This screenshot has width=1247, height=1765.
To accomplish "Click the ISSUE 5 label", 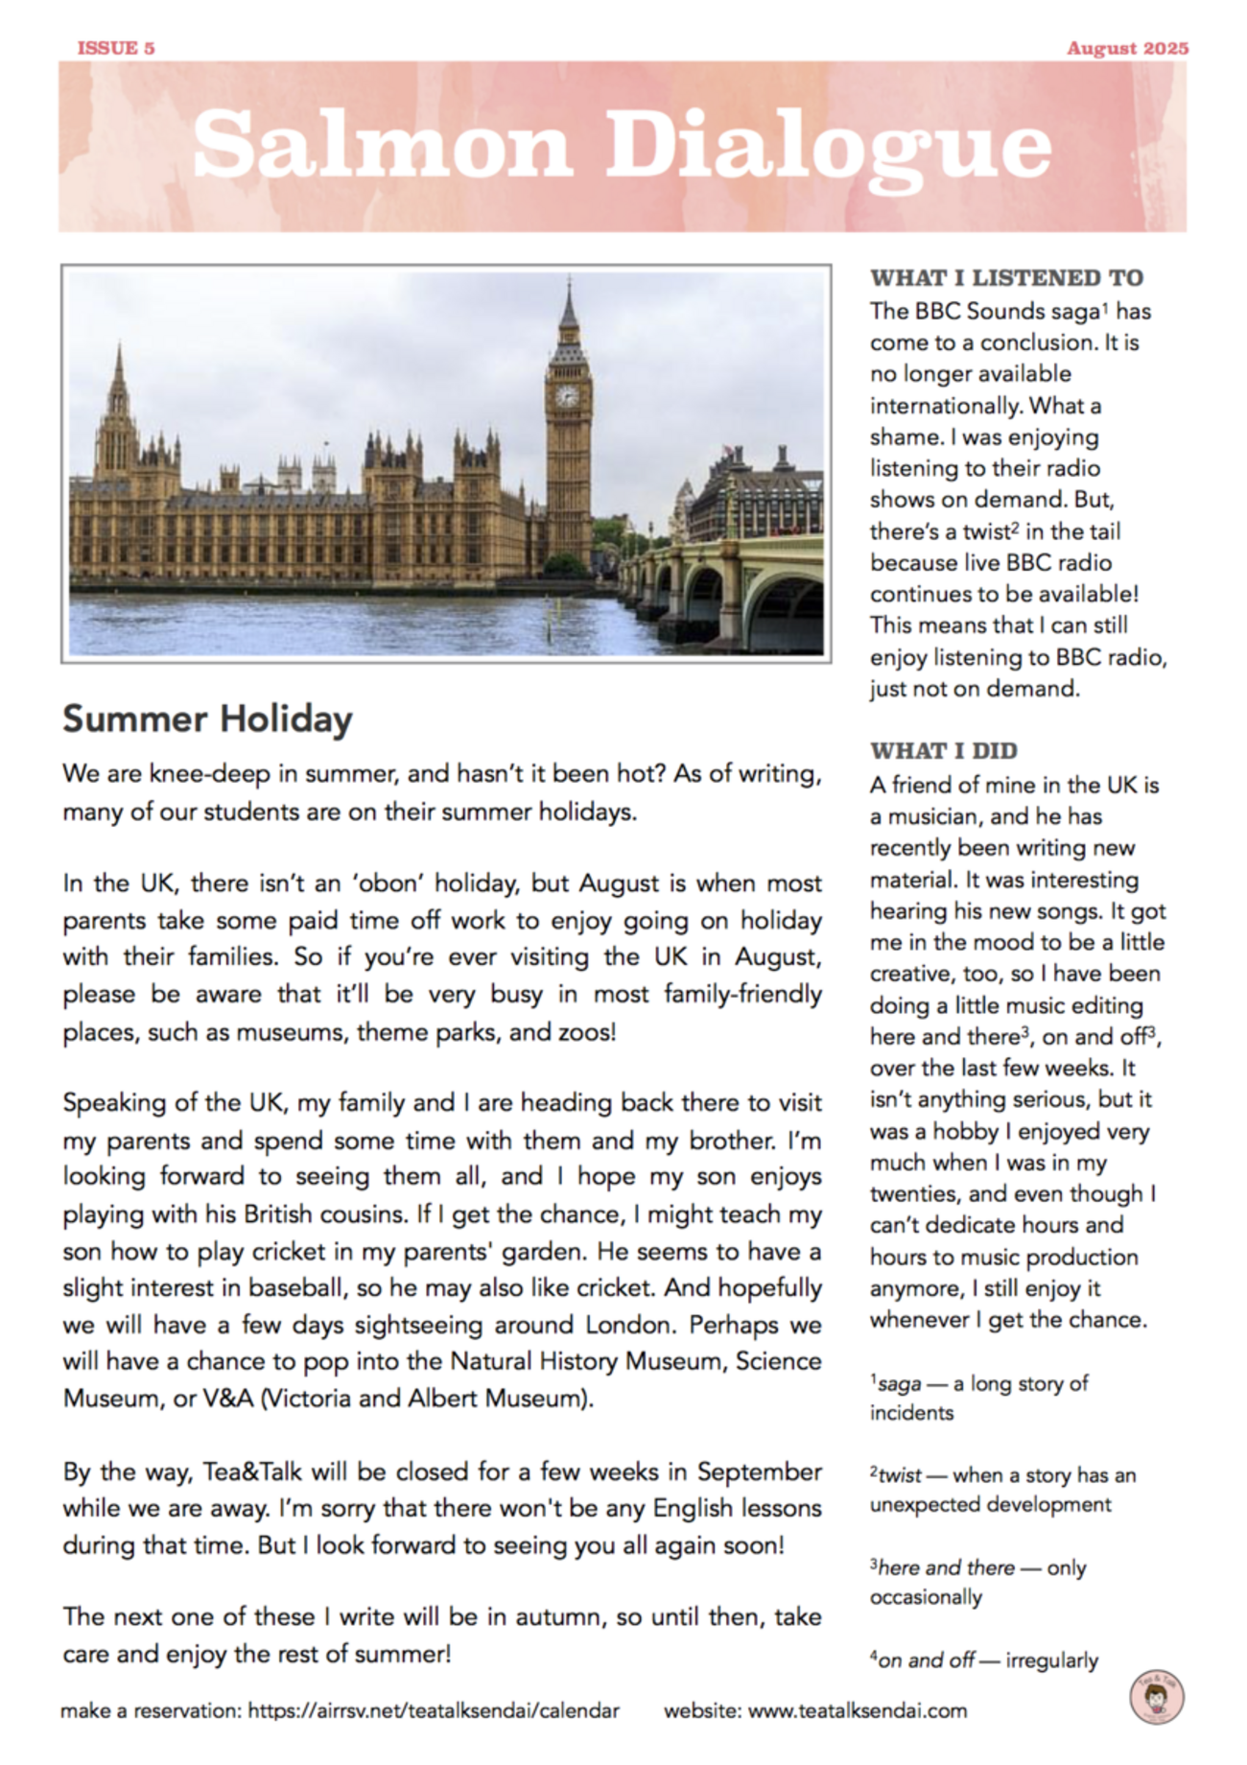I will (116, 48).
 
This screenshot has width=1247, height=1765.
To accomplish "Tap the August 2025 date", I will (1127, 48).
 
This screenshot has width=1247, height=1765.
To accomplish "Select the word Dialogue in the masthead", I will (829, 146).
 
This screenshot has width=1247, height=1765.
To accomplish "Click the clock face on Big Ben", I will (568, 395).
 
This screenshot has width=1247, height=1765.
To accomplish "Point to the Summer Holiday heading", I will (207, 719).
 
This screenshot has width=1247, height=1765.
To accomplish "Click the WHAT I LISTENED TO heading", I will (1006, 278).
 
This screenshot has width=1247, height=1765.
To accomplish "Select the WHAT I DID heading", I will (943, 751).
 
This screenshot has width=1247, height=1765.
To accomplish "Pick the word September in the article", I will (759, 1471).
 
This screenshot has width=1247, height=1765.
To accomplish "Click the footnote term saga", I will (900, 1384).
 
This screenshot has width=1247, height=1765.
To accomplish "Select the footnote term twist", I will (900, 1475).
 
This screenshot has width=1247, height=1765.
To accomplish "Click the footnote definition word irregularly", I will (1051, 1660).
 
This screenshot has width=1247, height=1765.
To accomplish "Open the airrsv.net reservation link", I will (433, 1710).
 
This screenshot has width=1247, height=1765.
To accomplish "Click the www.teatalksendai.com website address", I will (857, 1710).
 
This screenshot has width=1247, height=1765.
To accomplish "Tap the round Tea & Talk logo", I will (1157, 1698).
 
